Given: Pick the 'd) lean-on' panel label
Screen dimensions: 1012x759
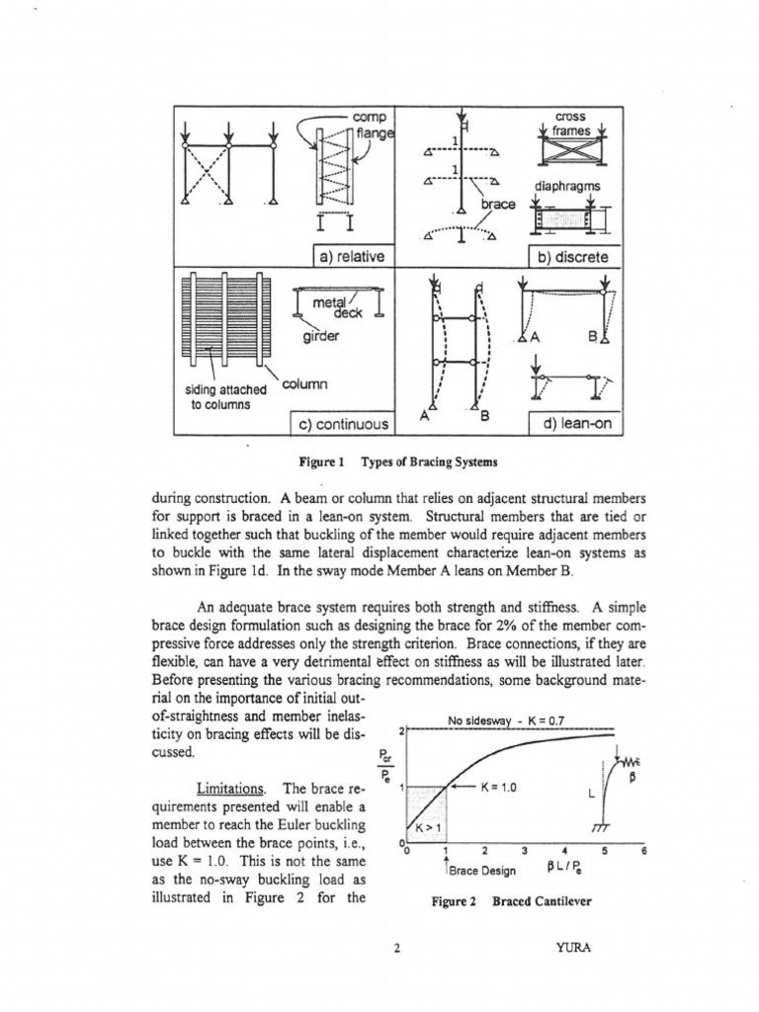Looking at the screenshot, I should tap(574, 424).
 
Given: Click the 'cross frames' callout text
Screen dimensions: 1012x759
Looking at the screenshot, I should tap(570, 123).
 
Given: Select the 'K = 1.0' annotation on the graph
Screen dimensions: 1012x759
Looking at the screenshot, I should tap(499, 788).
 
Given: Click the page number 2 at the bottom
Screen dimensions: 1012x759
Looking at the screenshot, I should tap(395, 950).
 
